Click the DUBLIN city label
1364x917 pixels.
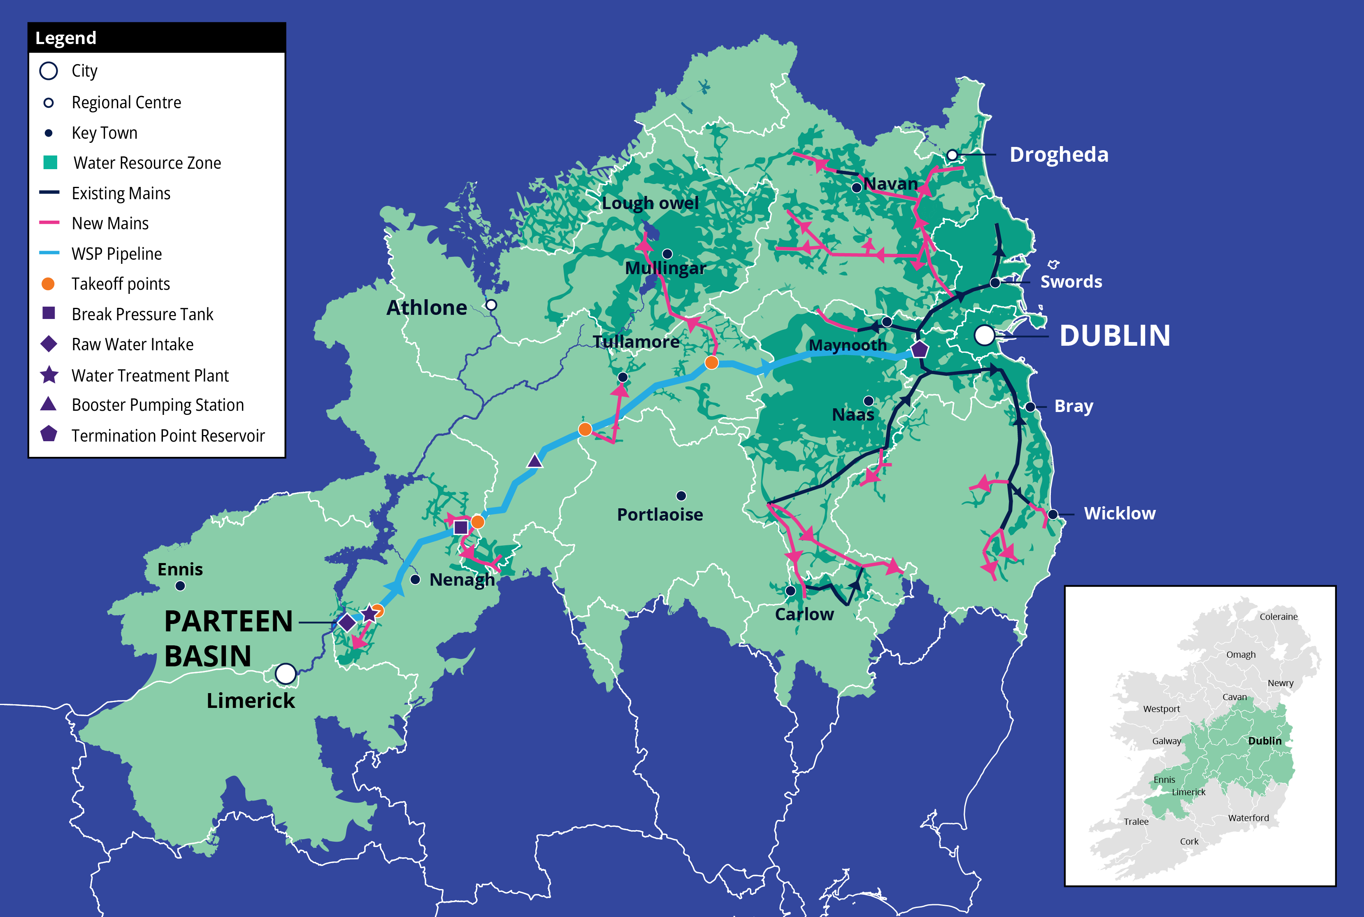[x=1114, y=336]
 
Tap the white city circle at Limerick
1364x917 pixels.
[x=285, y=673]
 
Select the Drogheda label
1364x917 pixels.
[x=1058, y=154]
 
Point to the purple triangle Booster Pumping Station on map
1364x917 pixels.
[x=534, y=461]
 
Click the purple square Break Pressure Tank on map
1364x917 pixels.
[x=461, y=527]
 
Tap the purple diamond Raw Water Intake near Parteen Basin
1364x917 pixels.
[x=347, y=622]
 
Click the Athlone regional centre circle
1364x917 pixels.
[x=491, y=305]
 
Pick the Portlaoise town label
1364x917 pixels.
[x=660, y=514]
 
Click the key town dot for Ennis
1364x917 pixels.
[x=180, y=585]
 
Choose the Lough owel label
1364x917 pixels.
[x=650, y=203]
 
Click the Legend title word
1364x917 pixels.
[x=65, y=38]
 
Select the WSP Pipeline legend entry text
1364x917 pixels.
[x=116, y=254]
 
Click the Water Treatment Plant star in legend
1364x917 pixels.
[x=49, y=375]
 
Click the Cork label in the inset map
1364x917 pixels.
[x=1189, y=841]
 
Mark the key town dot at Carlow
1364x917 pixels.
[x=790, y=591]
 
